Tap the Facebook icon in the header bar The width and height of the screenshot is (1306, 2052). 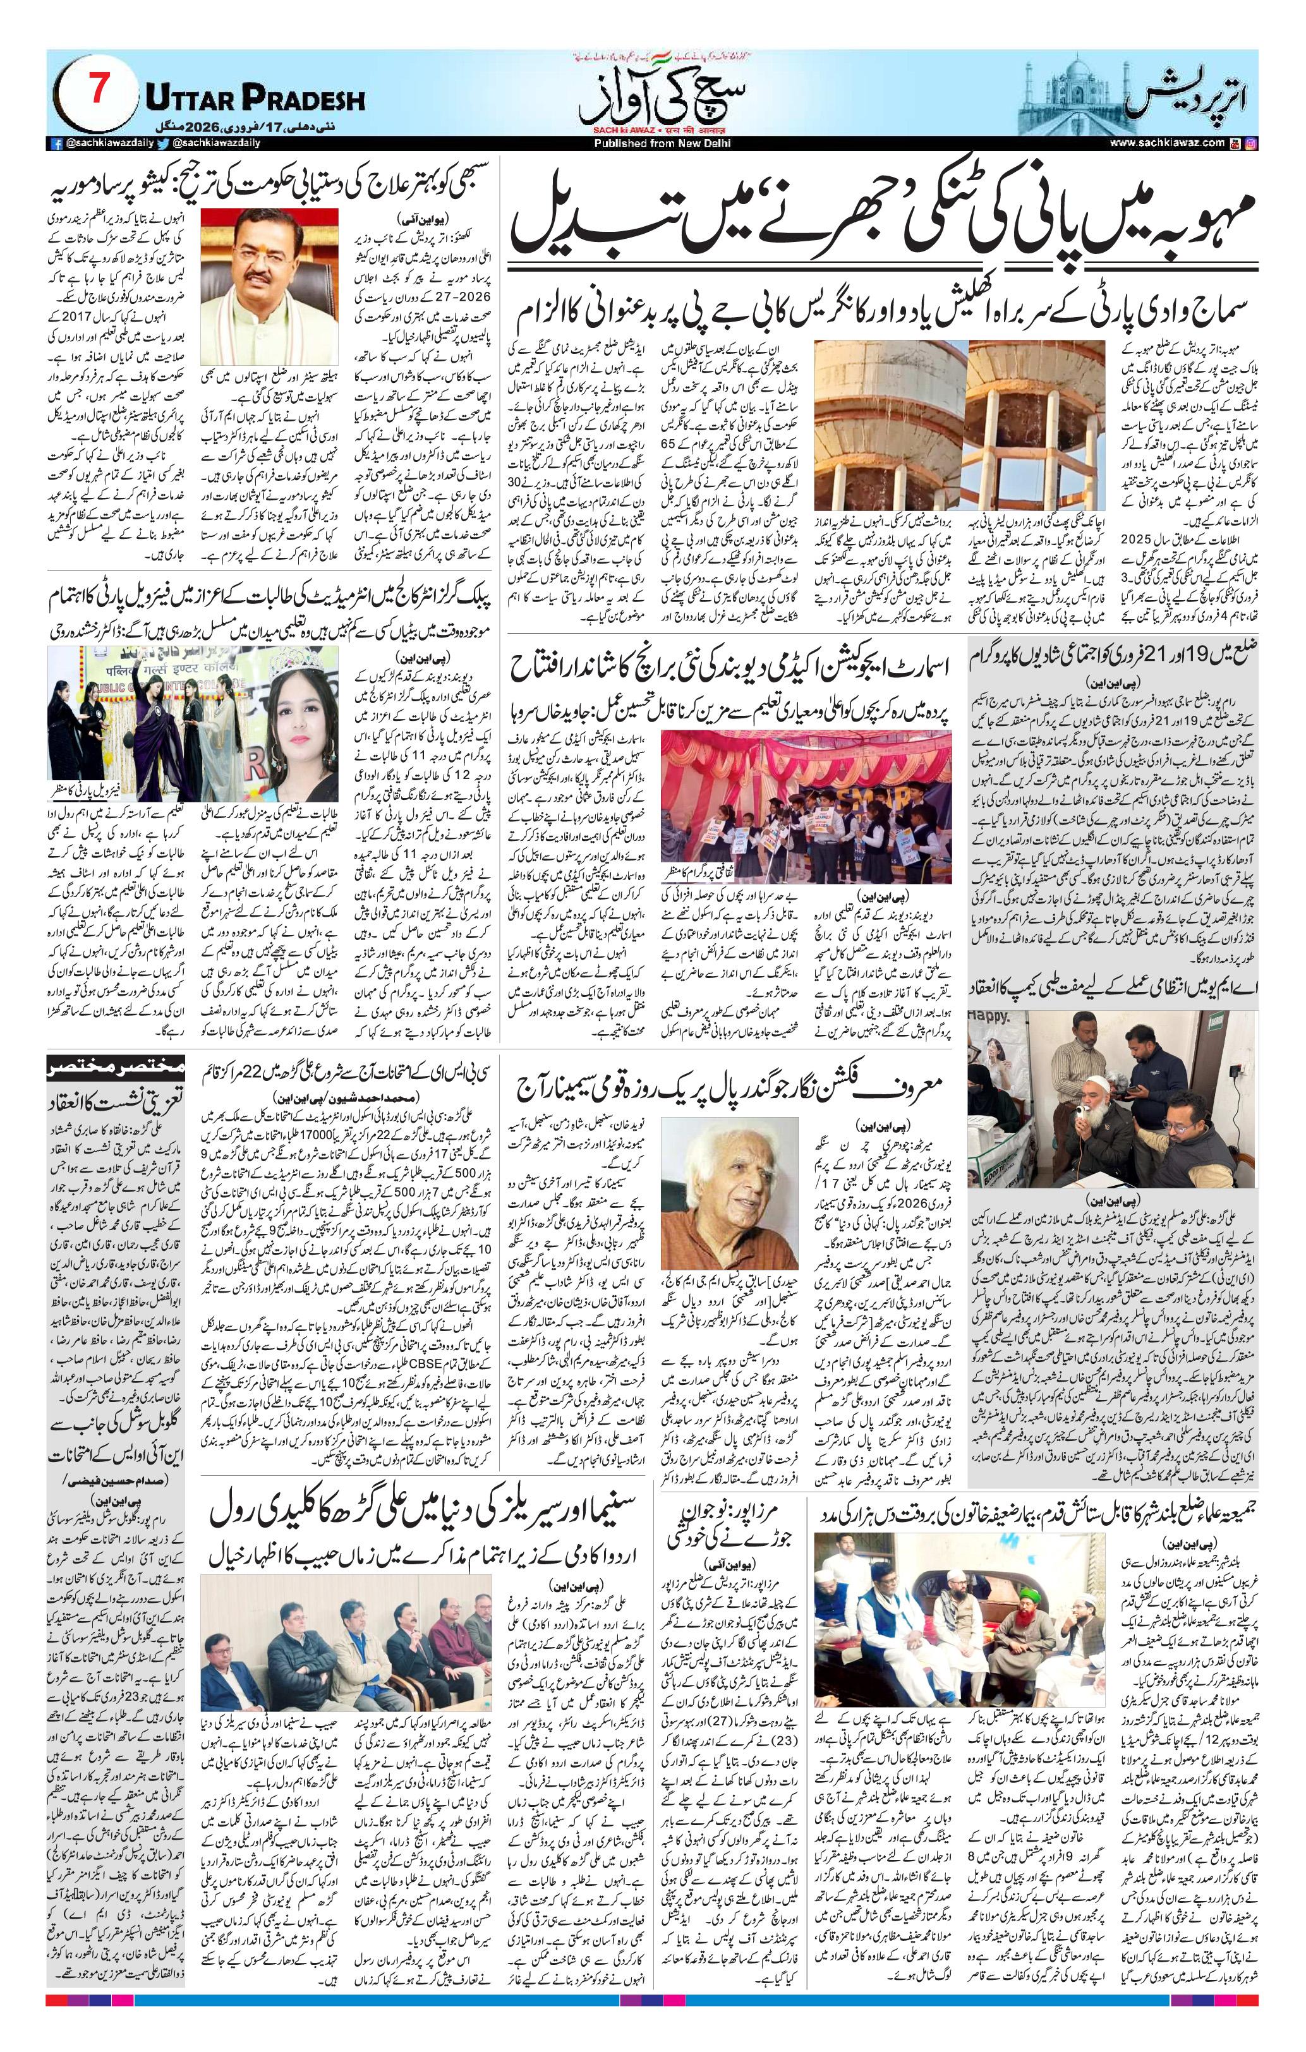[x=57, y=144]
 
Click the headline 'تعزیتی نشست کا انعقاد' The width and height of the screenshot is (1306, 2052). [x=115, y=1100]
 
